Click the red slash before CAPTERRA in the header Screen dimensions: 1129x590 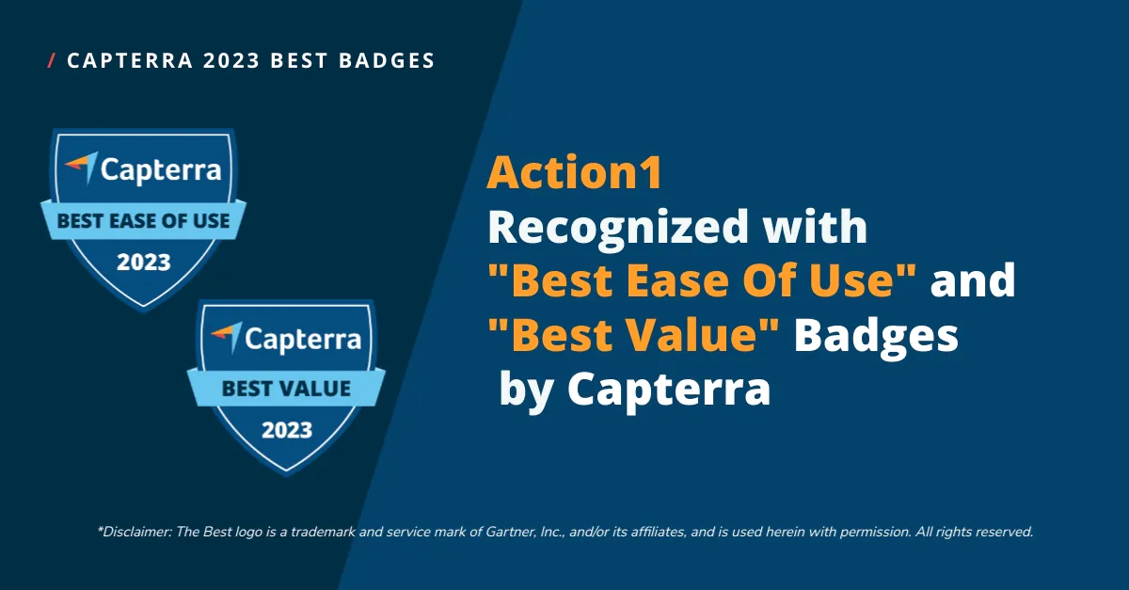click(52, 60)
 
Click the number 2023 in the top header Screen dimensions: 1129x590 click(231, 60)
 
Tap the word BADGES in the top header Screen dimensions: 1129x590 click(387, 60)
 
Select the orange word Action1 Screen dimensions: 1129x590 click(575, 172)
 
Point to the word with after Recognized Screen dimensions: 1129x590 click(815, 226)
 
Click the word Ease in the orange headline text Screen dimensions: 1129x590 click(677, 279)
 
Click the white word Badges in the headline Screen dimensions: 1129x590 click(877, 338)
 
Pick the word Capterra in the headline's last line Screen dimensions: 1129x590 click(669, 391)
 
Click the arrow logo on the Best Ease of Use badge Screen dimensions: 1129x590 click(81, 167)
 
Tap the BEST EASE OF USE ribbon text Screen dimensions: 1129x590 click(143, 221)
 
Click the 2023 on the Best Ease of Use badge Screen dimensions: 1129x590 click(144, 263)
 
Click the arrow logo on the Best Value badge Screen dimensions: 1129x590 click(227, 336)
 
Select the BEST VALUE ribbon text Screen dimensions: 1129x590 click(286, 389)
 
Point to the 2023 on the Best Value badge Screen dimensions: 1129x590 click(287, 430)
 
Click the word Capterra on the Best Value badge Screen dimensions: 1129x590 click(303, 339)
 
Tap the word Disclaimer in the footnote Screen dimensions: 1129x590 click(135, 532)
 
